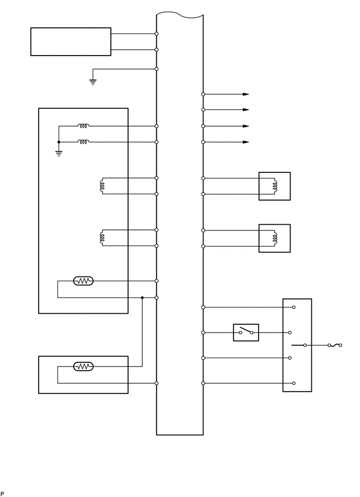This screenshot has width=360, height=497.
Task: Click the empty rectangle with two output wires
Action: pyautogui.click(x=71, y=41)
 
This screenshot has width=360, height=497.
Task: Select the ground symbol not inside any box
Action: pyautogui.click(x=93, y=82)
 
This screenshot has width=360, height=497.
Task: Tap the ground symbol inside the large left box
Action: pyautogui.click(x=59, y=154)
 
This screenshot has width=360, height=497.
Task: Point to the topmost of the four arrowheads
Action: pyautogui.click(x=245, y=94)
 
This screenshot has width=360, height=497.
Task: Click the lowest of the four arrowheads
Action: pyautogui.click(x=245, y=142)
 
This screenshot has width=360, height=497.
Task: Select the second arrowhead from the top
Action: pyautogui.click(x=245, y=109)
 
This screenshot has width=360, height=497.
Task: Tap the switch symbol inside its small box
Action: pyautogui.click(x=246, y=332)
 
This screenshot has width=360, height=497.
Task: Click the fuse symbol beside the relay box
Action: pyautogui.click(x=335, y=345)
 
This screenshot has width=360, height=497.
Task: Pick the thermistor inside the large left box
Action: pyautogui.click(x=83, y=281)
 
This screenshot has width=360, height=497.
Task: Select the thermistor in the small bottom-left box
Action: pyautogui.click(x=83, y=367)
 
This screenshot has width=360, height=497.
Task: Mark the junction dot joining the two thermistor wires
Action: pyautogui.click(x=142, y=297)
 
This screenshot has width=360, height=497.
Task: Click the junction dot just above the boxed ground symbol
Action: pyautogui.click(x=59, y=142)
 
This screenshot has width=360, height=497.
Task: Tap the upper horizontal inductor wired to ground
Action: pyautogui.click(x=83, y=126)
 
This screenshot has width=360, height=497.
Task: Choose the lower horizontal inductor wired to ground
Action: pyautogui.click(x=83, y=142)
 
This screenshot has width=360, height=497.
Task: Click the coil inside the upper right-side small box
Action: pyautogui.click(x=274, y=186)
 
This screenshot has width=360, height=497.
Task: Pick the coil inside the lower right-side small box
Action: pyautogui.click(x=274, y=238)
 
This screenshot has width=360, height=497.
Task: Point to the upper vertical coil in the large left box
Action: pyautogui.click(x=102, y=186)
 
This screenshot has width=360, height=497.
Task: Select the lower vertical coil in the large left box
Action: pyautogui.click(x=102, y=238)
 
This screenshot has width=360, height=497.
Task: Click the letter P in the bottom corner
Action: pyautogui.click(x=3, y=493)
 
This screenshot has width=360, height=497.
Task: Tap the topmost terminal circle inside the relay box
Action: pyautogui.click(x=294, y=307)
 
